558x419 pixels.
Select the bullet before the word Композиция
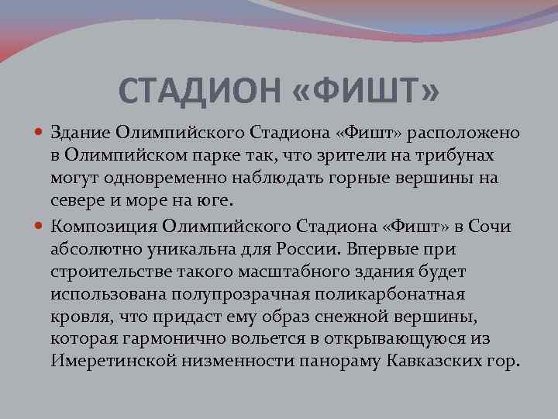point(41,226)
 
